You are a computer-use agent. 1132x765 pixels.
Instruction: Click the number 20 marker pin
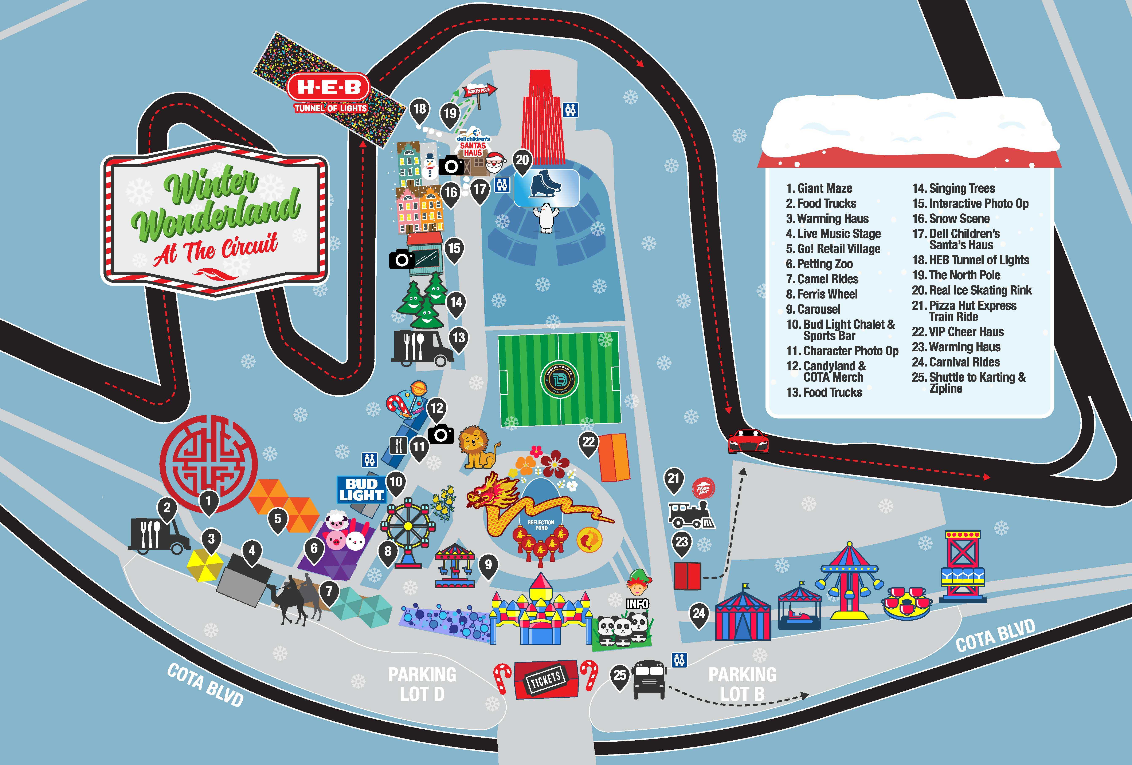[x=522, y=161]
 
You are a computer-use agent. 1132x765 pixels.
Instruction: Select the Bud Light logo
[x=361, y=489]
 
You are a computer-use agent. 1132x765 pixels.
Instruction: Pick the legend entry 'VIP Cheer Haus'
[x=958, y=332]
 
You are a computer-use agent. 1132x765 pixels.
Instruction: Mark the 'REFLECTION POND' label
[x=541, y=525]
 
